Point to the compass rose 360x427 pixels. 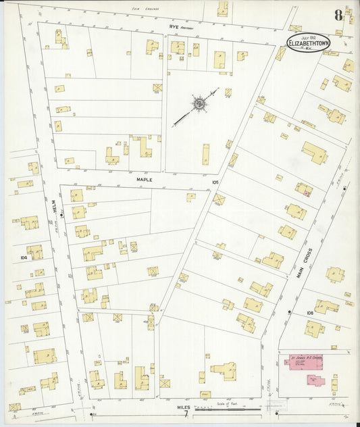click(199, 104)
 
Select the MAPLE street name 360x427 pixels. click(145, 180)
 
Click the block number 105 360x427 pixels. click(215, 182)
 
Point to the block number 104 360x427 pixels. click(24, 257)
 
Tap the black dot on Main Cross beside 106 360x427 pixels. click(289, 312)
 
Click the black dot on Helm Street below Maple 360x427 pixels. click(61, 216)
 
